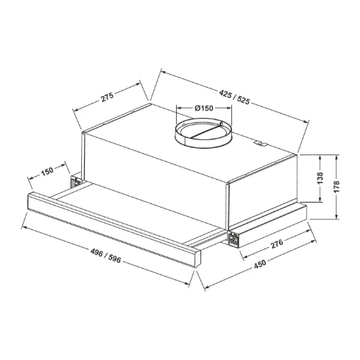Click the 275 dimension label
pyautogui.click(x=107, y=97)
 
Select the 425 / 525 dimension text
pyautogui.click(x=234, y=97)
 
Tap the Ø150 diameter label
pyautogui.click(x=204, y=109)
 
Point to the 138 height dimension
pyautogui.click(x=320, y=178)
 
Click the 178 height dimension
pyautogui.click(x=336, y=187)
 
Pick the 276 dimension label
pyautogui.click(x=277, y=244)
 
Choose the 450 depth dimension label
pyautogui.click(x=259, y=264)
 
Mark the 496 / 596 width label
pyautogui.click(x=106, y=256)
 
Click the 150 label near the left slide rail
pyautogui.click(x=47, y=172)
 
